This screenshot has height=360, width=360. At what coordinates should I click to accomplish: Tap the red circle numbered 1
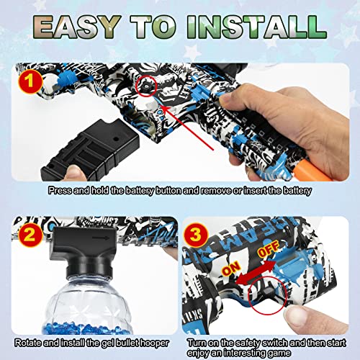click(28, 81)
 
